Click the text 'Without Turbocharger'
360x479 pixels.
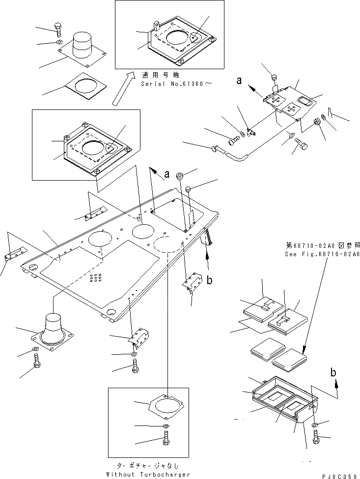pos(148,475)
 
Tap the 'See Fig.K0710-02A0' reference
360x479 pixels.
pos(322,254)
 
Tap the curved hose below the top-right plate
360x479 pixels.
pos(241,158)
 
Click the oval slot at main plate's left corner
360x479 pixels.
pos(33,267)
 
